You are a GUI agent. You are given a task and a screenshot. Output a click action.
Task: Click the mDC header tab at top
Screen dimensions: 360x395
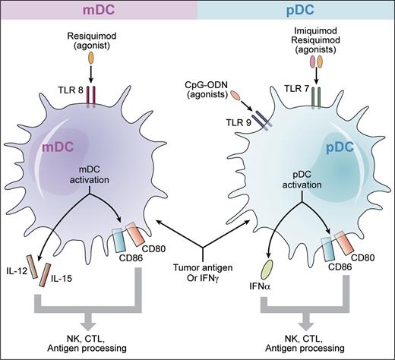(99, 11)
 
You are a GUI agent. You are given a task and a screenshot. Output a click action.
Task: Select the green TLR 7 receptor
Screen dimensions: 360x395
(317, 99)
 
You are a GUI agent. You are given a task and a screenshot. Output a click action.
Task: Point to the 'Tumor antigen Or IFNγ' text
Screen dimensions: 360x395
(201, 279)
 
